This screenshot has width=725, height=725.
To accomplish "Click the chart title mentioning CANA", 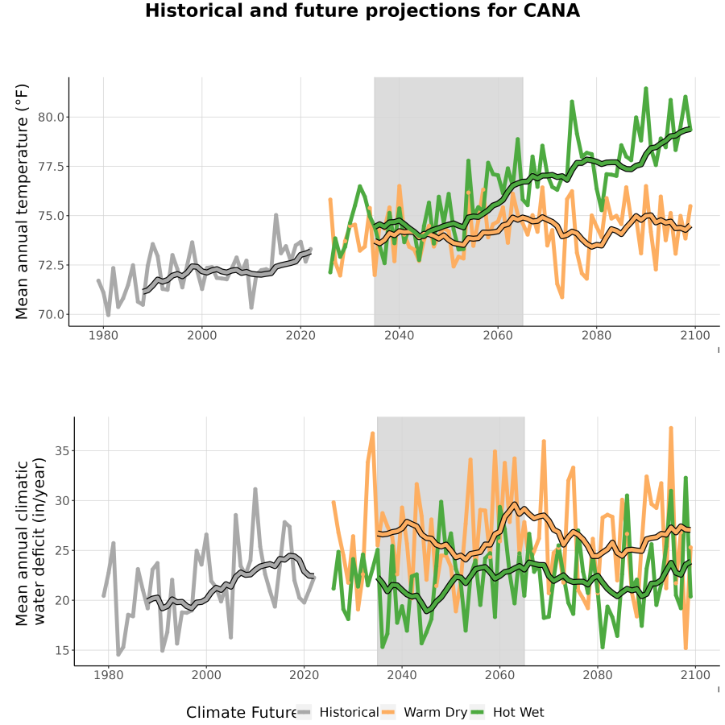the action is click(x=362, y=10).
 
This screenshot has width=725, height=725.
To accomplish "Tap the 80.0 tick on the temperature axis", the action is click(x=51, y=117).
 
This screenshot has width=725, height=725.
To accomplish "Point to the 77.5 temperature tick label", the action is click(x=51, y=167).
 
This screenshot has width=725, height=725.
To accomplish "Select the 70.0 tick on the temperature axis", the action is click(x=51, y=314).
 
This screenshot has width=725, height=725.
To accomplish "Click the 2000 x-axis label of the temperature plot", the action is click(x=201, y=335).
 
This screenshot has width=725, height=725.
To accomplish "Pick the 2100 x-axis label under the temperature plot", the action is click(x=695, y=335).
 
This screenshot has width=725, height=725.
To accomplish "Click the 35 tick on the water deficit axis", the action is click(x=62, y=451).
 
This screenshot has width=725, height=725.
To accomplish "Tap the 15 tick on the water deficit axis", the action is click(x=62, y=651).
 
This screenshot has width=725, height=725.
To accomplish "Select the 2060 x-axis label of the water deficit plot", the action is click(x=499, y=675).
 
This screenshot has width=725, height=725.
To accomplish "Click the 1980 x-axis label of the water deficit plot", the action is click(x=109, y=675).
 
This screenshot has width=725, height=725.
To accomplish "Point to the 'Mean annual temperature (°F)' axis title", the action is click(x=22, y=201).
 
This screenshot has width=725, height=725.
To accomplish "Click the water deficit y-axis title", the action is click(x=31, y=542).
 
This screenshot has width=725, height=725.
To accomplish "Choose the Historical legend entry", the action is click(x=338, y=712).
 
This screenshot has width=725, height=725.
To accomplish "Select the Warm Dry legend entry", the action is click(x=424, y=712).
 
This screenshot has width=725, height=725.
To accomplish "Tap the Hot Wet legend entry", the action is click(x=507, y=712).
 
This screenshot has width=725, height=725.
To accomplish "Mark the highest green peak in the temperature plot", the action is click(x=646, y=88).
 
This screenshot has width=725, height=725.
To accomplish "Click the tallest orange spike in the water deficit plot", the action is click(x=671, y=429).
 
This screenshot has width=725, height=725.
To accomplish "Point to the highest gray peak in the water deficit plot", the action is click(x=255, y=489).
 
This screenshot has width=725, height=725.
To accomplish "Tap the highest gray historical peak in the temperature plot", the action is click(x=276, y=215).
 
